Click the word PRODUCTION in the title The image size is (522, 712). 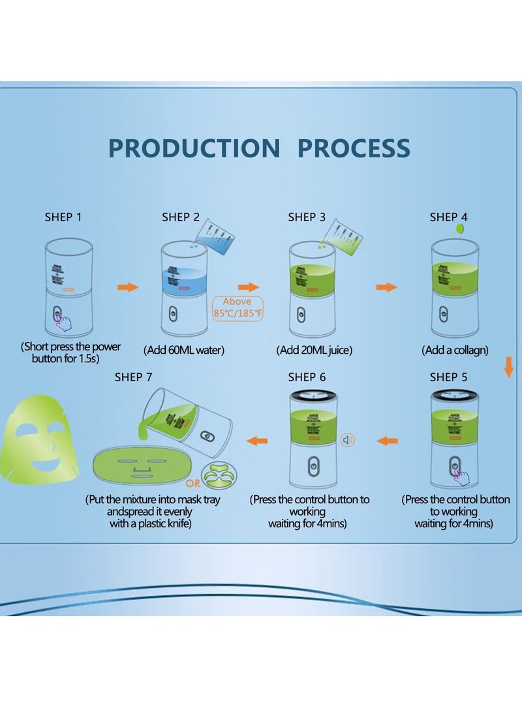pyautogui.click(x=194, y=148)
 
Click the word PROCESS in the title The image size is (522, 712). pyautogui.click(x=354, y=148)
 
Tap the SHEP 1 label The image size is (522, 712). pyautogui.click(x=63, y=217)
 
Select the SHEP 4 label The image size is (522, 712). pyautogui.click(x=448, y=217)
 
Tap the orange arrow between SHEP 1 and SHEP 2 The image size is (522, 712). pyautogui.click(x=128, y=287)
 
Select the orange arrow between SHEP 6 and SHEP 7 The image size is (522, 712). pyautogui.click(x=257, y=441)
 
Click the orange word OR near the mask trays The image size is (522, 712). pyautogui.click(x=192, y=484)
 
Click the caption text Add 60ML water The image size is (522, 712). pyautogui.click(x=184, y=350)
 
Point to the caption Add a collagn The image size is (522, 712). pyautogui.click(x=455, y=350)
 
